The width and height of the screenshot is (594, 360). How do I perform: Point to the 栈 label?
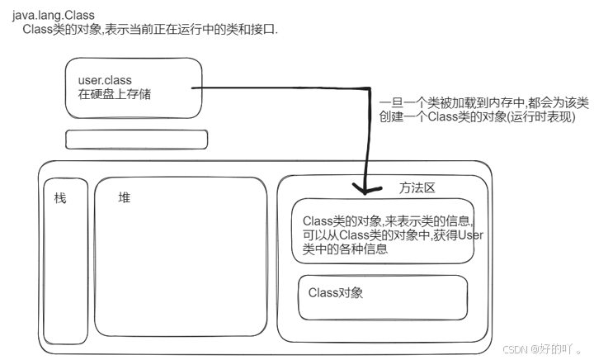(59, 199)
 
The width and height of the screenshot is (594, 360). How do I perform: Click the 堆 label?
(125, 198)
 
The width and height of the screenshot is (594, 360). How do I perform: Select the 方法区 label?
(417, 187)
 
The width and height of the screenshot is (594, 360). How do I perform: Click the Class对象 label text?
(336, 292)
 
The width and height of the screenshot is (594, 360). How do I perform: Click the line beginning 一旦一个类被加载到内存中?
(483, 102)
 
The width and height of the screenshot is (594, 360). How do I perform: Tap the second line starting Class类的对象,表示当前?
(150, 30)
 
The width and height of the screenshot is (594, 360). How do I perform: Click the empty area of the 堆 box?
(181, 272)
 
